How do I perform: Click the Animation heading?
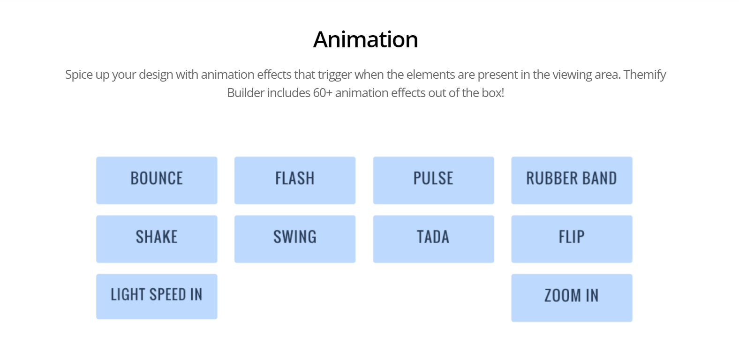click(x=365, y=39)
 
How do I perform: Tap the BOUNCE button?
click(x=157, y=180)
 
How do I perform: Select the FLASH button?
click(x=294, y=180)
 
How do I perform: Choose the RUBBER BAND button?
click(x=571, y=180)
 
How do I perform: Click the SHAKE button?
click(x=157, y=239)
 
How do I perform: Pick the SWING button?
click(x=294, y=239)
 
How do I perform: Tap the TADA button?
click(x=433, y=239)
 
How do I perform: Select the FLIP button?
click(x=571, y=239)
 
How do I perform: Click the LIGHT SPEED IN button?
click(x=157, y=296)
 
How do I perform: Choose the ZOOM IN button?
click(x=571, y=298)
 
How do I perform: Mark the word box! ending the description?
click(x=493, y=93)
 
